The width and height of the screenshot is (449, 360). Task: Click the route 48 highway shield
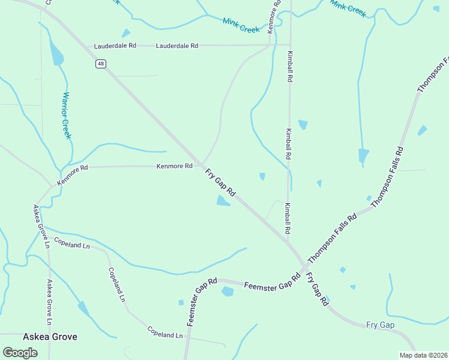point(100,64)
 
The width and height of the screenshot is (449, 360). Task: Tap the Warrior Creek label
point(67,115)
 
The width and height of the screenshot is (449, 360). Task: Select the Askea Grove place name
point(50,337)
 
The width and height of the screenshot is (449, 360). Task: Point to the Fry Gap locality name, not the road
point(380,325)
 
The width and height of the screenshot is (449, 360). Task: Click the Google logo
point(20,352)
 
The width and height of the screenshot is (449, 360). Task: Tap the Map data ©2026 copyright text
point(424,355)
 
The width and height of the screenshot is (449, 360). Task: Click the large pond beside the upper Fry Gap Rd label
point(223,201)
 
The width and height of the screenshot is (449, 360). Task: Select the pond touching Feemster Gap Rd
point(228,292)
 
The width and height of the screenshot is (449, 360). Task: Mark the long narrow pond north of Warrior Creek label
point(56,54)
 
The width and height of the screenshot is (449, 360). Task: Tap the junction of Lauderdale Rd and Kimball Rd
point(290,44)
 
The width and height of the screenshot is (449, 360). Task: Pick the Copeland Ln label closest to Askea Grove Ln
point(71,243)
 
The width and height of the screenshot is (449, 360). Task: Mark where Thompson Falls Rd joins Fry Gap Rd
point(304,266)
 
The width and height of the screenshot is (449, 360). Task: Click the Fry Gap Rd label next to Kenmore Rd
point(220,184)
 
